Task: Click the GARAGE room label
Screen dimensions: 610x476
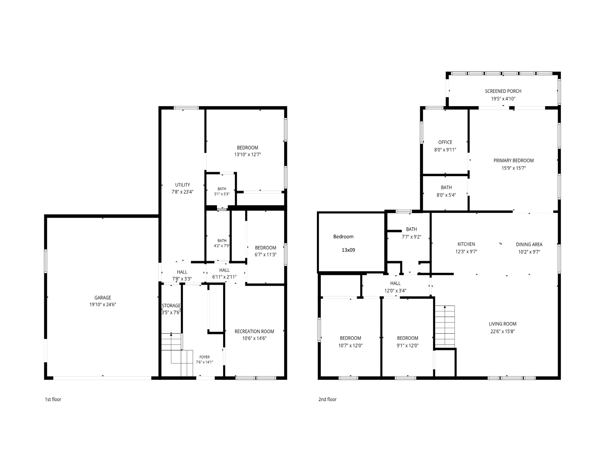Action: [103, 297]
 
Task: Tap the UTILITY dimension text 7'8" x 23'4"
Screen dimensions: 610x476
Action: [182, 192]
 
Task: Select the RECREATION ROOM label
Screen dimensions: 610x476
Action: [254, 331]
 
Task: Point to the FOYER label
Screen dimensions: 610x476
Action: [205, 357]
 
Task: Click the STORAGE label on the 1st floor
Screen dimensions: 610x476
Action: [171, 306]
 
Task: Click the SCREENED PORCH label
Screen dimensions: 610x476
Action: [503, 91]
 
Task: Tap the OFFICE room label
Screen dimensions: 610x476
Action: [445, 142]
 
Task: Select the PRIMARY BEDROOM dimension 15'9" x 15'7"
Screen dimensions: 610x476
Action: [514, 168]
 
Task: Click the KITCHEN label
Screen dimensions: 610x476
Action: [466, 244]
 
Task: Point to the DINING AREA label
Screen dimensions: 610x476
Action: [529, 245]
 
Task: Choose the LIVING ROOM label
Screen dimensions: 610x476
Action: [502, 324]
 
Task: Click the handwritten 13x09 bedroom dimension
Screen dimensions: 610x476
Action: [348, 250]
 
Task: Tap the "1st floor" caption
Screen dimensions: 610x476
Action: [53, 399]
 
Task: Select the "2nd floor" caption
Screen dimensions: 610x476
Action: [327, 399]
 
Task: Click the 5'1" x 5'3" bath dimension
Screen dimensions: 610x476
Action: [222, 194]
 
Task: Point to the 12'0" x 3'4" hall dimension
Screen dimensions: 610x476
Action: [395, 291]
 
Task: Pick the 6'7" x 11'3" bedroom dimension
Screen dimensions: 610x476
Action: [265, 255]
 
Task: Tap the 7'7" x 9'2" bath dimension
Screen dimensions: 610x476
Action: [411, 237]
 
